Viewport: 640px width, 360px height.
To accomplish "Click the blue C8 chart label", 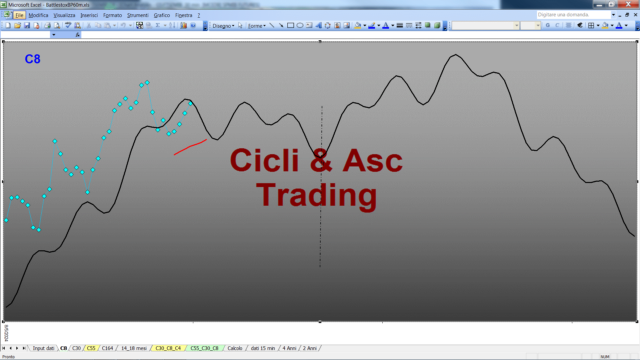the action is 33,59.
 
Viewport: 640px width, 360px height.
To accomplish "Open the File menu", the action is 19,15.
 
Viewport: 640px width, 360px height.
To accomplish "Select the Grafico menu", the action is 162,15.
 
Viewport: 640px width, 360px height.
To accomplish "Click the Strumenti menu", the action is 138,15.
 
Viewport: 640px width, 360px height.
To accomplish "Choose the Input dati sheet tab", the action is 43,348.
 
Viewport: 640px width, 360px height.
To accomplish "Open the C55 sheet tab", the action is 91,348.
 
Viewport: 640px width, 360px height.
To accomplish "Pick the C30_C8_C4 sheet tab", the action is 168,348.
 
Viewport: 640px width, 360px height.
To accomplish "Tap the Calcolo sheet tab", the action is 235,348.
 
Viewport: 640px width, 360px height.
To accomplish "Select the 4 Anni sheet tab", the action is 289,348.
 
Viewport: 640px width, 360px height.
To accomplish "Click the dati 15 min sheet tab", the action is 263,348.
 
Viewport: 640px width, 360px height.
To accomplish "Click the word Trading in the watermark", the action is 316,195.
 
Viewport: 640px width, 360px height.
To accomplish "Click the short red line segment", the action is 190,147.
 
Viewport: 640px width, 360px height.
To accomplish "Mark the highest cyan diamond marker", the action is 147,82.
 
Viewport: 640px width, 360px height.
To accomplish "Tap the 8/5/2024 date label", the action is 6,333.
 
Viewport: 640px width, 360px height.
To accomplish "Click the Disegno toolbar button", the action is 223,26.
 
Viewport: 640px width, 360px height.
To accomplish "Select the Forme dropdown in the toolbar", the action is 257,26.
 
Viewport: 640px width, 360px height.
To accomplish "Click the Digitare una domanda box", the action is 573,15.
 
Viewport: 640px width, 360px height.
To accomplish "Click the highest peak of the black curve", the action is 456,54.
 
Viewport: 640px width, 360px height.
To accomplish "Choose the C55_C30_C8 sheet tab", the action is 204,348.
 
